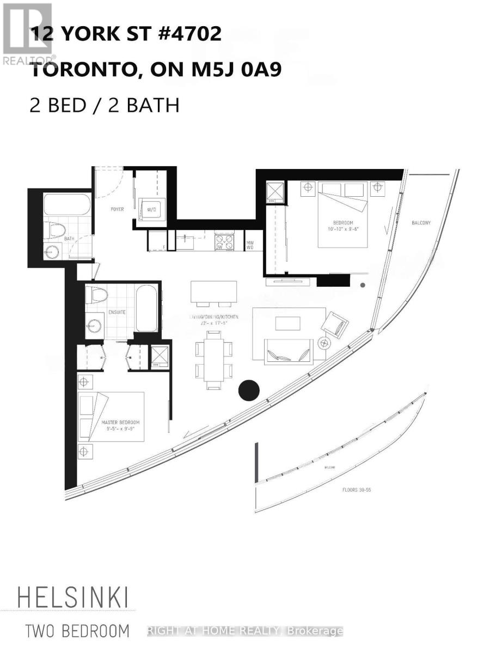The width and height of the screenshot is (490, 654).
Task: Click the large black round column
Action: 250,389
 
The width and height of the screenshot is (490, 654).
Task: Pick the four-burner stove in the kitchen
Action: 225,241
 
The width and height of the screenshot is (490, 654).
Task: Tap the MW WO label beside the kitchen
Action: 250,245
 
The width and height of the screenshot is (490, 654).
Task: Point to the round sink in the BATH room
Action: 53,251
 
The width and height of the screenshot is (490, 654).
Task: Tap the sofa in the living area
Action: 288,351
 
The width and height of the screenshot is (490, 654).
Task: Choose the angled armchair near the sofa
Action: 334,324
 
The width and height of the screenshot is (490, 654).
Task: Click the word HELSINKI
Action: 73,598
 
